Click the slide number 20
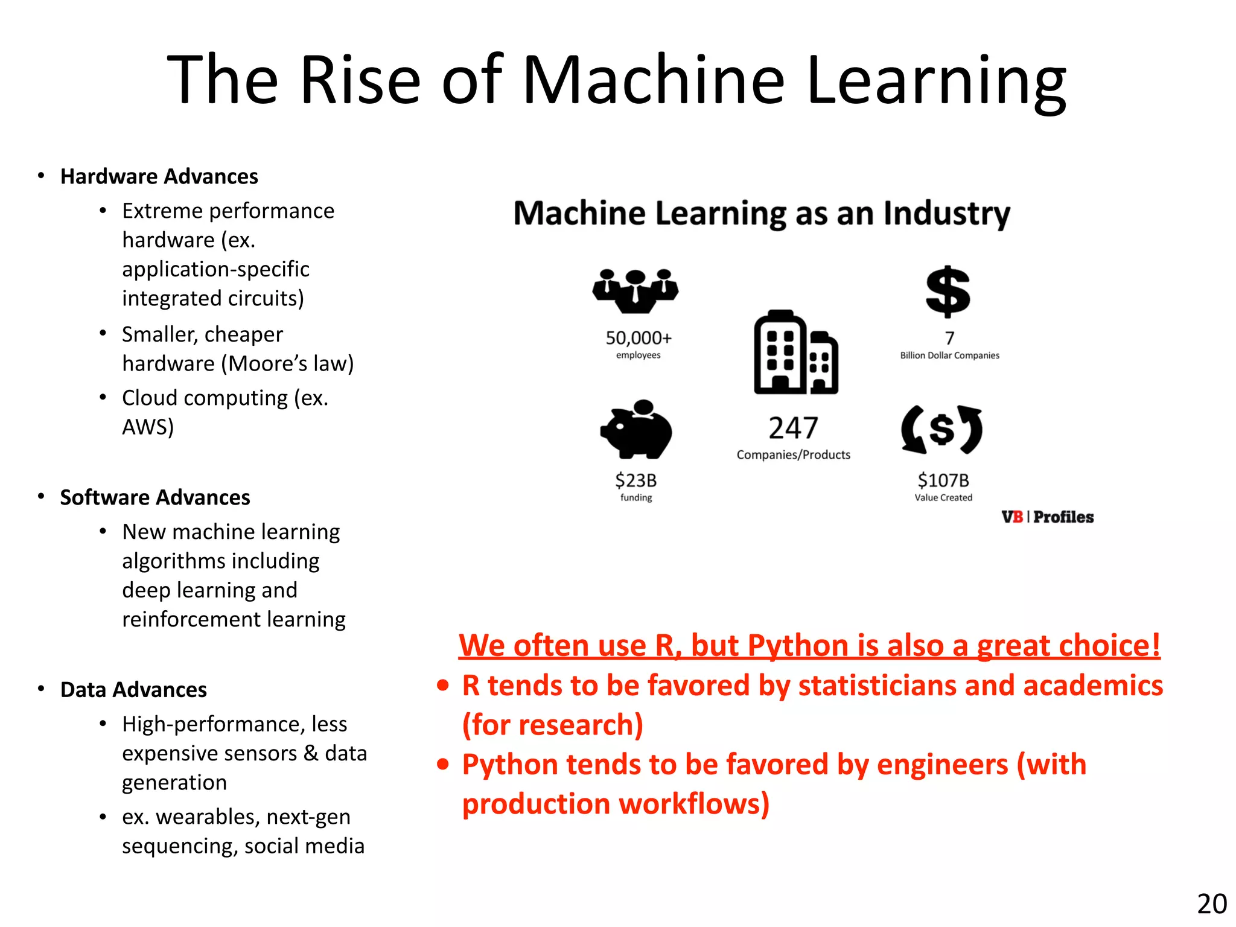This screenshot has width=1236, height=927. (x=1211, y=904)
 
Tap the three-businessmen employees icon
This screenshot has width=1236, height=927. (x=636, y=290)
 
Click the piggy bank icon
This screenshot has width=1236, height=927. (x=636, y=429)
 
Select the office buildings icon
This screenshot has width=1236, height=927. (x=795, y=353)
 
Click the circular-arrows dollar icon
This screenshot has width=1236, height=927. (x=941, y=430)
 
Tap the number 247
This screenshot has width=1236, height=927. (x=793, y=428)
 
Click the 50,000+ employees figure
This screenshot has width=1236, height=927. (x=639, y=338)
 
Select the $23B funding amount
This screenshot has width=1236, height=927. (x=636, y=480)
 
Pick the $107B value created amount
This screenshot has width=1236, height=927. (x=943, y=480)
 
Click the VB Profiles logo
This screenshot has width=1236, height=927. (x=1047, y=517)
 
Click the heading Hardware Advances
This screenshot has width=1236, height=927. (x=159, y=176)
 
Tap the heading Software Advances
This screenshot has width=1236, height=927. (x=155, y=497)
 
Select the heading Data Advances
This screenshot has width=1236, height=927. (x=133, y=689)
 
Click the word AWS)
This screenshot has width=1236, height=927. (x=148, y=427)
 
